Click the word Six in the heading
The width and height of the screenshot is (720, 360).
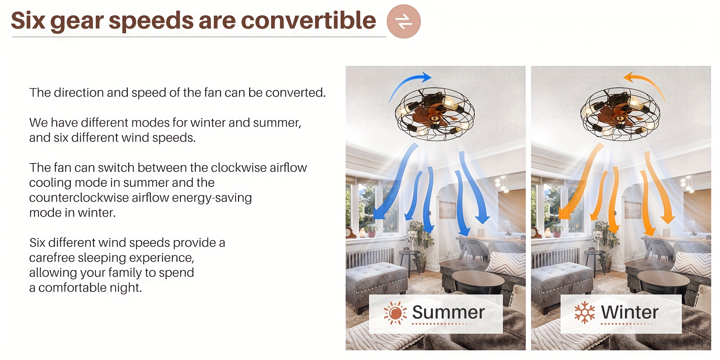[x=28, y=21]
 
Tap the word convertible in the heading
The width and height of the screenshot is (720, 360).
[x=308, y=20]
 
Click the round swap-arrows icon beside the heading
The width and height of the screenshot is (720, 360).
[x=404, y=21]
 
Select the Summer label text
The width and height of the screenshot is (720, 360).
[x=448, y=312]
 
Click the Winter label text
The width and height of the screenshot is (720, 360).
[x=630, y=312]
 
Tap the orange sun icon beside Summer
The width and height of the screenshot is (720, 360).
[x=395, y=313]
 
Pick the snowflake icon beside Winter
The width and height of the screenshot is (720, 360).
[x=584, y=312]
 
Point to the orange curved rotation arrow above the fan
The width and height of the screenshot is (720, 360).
[x=646, y=84]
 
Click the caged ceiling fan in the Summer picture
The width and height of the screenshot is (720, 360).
[x=435, y=114]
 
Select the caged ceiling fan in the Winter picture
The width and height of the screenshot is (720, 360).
[x=620, y=114]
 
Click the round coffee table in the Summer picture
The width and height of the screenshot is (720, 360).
[x=478, y=282]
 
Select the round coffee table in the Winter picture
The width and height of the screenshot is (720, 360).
[x=663, y=282]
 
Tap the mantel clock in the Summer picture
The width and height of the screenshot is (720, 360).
[x=350, y=233]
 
